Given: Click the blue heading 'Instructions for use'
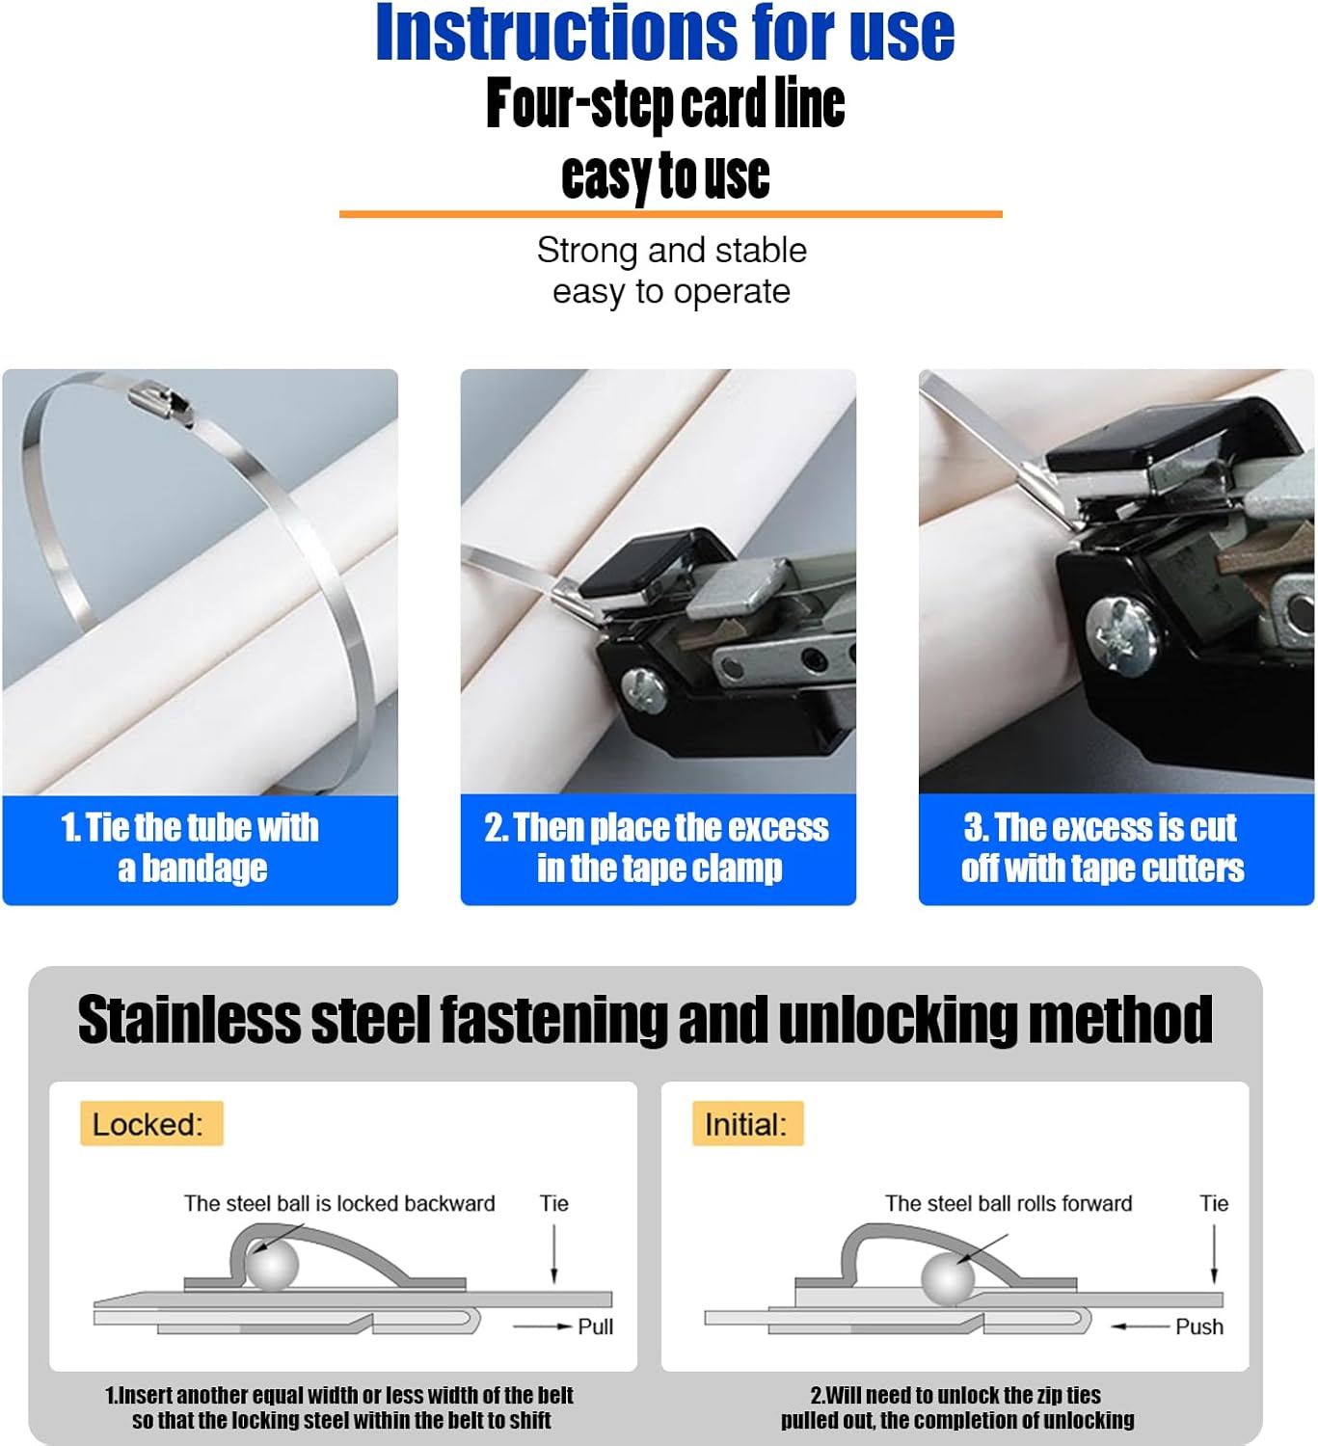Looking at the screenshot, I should [x=664, y=34].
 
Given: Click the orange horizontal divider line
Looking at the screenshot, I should [x=670, y=213].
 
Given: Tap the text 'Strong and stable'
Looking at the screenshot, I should [x=671, y=251].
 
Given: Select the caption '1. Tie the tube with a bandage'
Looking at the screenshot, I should [x=191, y=848].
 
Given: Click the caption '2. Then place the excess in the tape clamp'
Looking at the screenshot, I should [x=658, y=848].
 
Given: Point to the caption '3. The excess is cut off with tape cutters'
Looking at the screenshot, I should [x=1102, y=848].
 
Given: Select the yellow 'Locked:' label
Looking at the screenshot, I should [x=150, y=1124].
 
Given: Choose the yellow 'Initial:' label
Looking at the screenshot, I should [x=747, y=1124].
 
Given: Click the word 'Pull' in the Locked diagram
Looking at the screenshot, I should [x=596, y=1326].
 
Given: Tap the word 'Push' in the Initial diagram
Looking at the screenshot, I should [x=1199, y=1326].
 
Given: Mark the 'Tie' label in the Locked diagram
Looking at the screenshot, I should [x=554, y=1203].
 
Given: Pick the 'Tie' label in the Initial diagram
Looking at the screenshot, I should [x=1214, y=1203].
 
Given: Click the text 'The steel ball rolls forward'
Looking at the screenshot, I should [x=1009, y=1203].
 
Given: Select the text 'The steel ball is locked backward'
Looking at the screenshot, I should [x=339, y=1203].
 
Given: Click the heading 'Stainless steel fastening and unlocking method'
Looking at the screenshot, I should [x=645, y=1020].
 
